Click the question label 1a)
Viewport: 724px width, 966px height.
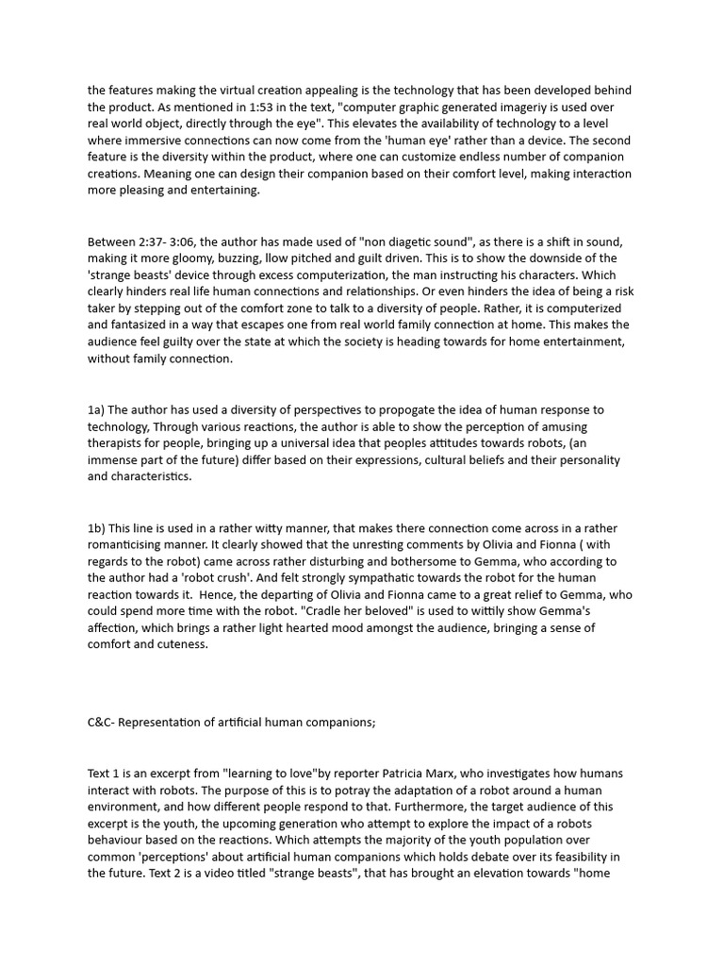[x=96, y=409]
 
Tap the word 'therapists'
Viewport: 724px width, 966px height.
[x=117, y=443]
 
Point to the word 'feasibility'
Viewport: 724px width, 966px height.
[x=575, y=857]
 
